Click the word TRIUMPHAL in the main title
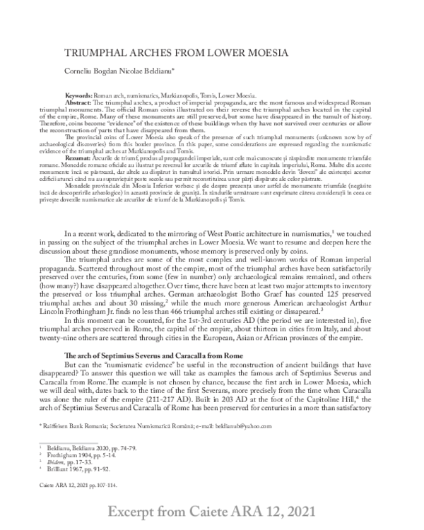click(x=104, y=54)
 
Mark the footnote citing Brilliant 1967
click(x=96, y=471)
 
